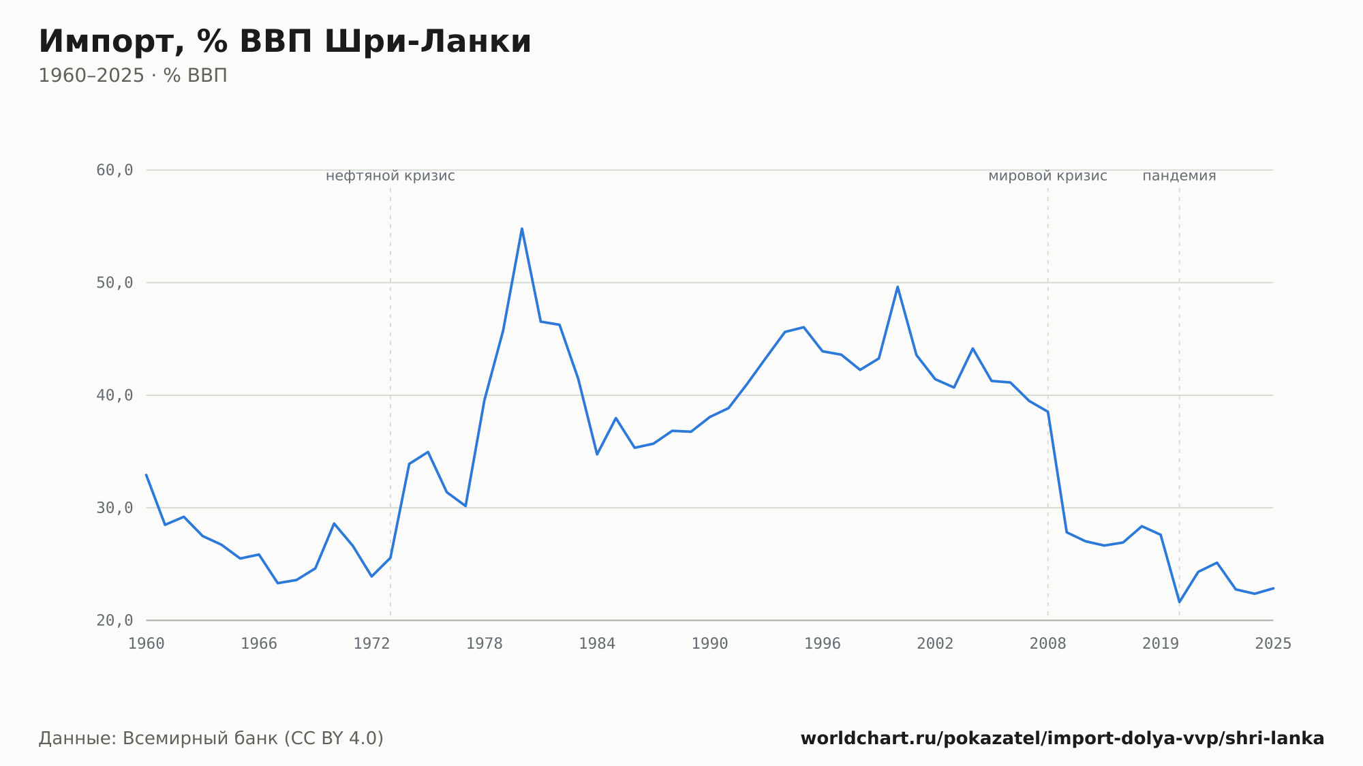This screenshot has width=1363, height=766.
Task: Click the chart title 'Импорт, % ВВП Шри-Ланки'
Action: click(x=285, y=42)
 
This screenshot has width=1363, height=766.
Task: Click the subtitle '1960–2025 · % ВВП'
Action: click(x=133, y=76)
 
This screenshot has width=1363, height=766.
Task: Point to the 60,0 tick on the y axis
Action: click(x=114, y=170)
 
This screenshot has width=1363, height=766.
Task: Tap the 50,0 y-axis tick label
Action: click(x=114, y=283)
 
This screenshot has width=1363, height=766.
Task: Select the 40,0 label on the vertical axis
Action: click(x=114, y=395)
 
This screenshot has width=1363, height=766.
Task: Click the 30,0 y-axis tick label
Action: click(x=114, y=508)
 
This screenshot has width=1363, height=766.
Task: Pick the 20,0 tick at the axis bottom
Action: click(x=114, y=620)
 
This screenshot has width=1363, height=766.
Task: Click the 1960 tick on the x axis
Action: click(x=147, y=644)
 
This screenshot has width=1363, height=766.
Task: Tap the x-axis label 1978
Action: click(x=485, y=644)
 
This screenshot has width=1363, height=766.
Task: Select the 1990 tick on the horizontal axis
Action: click(x=710, y=644)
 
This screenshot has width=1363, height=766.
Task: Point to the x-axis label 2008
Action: click(x=1048, y=644)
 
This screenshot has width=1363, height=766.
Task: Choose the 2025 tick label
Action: click(x=1273, y=644)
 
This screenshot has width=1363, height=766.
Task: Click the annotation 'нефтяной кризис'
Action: click(x=390, y=176)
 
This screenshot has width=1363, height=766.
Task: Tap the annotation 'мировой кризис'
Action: click(x=1048, y=176)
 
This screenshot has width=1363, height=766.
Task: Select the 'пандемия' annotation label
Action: click(x=1180, y=176)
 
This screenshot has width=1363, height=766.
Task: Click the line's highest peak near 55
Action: click(x=522, y=228)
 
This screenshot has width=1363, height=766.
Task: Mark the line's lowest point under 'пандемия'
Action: click(x=1180, y=602)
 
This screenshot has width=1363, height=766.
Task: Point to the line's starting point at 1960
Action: click(x=147, y=474)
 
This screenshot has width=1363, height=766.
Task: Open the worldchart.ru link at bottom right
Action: click(x=1062, y=739)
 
